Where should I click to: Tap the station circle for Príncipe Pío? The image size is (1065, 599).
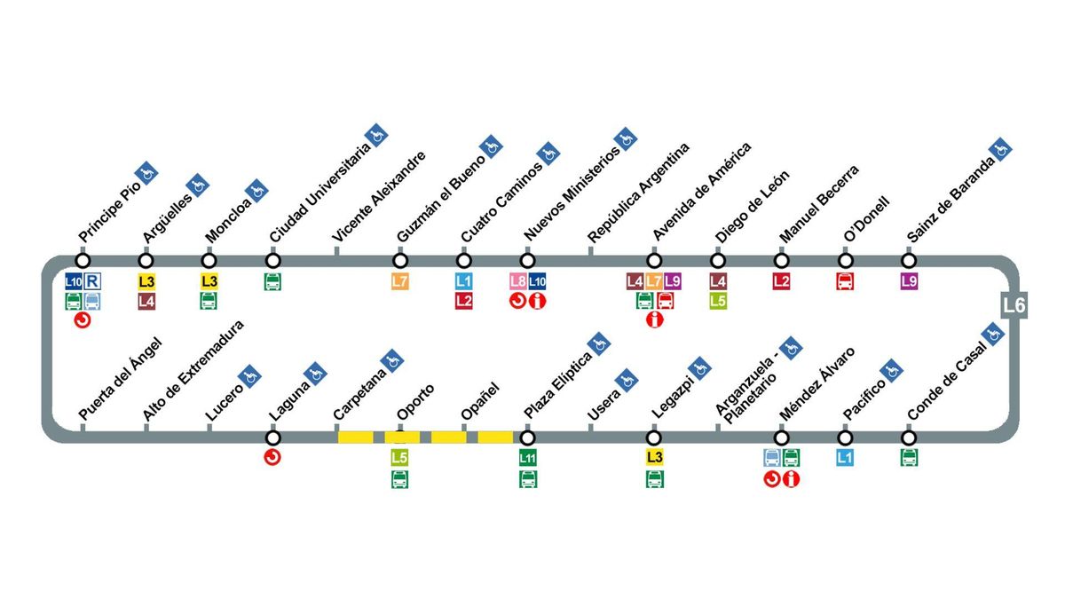click(83, 261)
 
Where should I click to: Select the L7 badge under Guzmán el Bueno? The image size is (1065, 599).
click(400, 281)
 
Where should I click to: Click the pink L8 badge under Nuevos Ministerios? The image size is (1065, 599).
click(518, 281)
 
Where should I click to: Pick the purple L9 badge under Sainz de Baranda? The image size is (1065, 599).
click(909, 281)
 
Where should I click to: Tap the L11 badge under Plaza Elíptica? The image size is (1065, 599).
click(528, 459)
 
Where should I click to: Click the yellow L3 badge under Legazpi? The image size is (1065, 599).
click(655, 458)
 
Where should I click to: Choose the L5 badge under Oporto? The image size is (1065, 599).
click(400, 458)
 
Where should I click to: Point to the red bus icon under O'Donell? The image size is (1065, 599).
click(845, 282)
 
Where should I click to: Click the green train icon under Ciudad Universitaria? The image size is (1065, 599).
click(273, 282)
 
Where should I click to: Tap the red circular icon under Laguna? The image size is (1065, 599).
click(273, 458)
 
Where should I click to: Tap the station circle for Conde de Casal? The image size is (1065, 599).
click(909, 438)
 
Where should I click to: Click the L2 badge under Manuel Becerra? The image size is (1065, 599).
click(781, 281)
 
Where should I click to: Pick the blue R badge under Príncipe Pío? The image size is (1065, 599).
click(92, 281)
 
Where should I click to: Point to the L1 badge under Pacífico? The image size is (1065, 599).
click(845, 458)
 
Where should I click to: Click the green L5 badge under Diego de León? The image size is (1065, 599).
click(718, 301)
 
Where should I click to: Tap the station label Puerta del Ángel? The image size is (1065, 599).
click(120, 378)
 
